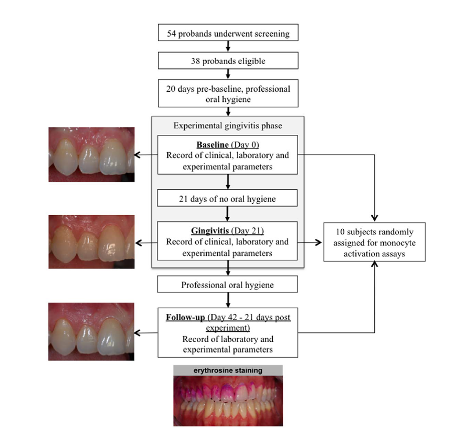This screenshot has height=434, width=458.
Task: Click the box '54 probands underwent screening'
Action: point(228,34)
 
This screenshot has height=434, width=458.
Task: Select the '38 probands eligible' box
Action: point(228,61)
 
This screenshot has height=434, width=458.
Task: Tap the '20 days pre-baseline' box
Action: point(228,93)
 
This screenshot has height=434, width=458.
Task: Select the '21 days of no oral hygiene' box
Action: point(228,199)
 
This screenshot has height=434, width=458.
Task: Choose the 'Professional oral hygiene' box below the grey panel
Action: point(228,285)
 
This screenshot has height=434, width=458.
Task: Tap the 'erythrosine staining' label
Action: point(228,370)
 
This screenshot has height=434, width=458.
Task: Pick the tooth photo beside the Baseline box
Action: point(91,155)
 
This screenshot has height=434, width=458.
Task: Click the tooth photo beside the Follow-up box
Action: point(91,331)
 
